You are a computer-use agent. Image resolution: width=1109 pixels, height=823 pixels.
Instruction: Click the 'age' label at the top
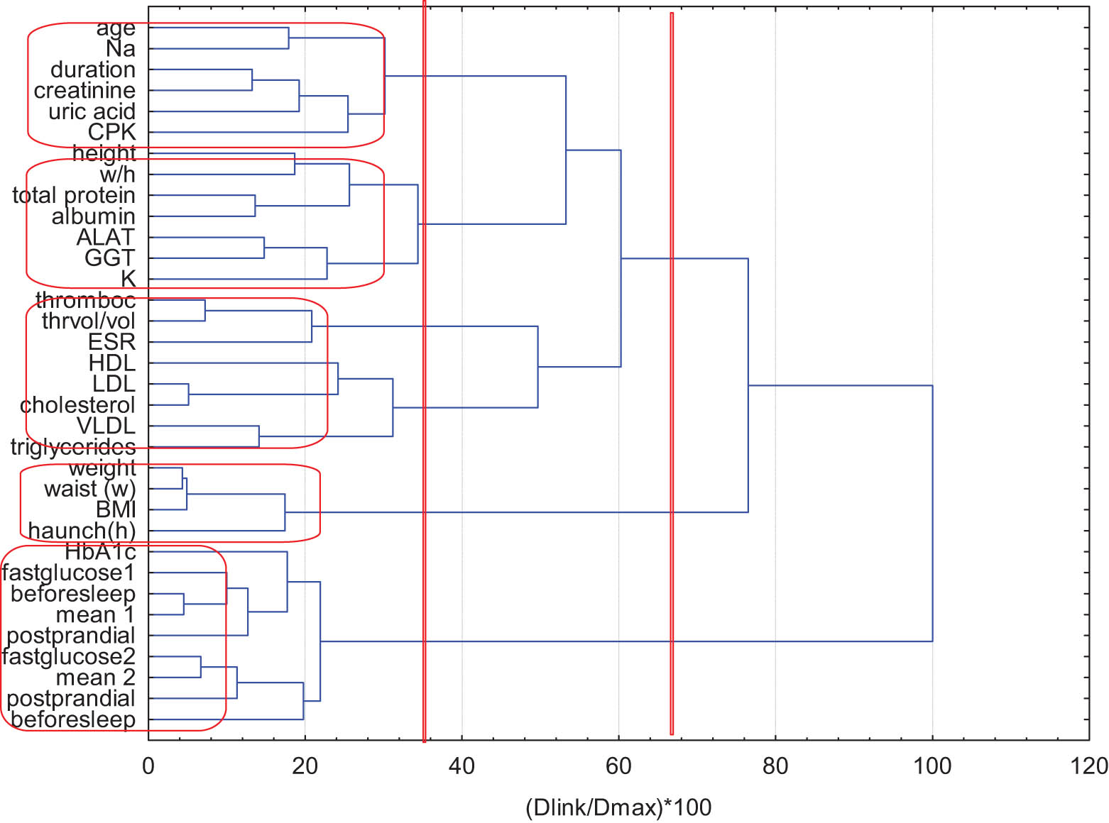[115, 28]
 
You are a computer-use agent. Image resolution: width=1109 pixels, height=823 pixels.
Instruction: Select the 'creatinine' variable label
[84, 91]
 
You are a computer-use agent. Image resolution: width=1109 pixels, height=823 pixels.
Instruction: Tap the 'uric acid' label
[92, 112]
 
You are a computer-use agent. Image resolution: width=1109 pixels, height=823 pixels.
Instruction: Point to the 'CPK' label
[111, 133]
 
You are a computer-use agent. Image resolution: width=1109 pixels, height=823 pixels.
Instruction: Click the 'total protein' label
[74, 195]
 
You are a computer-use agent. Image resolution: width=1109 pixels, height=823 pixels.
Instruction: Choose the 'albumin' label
[93, 216]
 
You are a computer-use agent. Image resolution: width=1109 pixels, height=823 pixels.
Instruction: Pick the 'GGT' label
[109, 258]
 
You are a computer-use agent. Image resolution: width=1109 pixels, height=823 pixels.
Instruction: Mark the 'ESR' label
[111, 343]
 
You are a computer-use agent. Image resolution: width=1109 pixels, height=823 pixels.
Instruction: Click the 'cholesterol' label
[77, 405]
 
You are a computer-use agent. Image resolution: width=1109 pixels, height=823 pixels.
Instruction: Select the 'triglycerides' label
[73, 447]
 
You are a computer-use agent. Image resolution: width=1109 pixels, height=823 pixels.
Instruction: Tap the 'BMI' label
[116, 510]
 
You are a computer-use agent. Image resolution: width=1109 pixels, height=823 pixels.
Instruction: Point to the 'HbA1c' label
[100, 552]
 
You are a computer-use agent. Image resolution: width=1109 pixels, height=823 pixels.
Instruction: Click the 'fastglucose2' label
[69, 657]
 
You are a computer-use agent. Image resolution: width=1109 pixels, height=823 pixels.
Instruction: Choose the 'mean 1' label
[95, 615]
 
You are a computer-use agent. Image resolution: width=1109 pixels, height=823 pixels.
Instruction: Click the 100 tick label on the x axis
[932, 766]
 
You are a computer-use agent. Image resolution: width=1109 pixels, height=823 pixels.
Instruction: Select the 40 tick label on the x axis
[461, 766]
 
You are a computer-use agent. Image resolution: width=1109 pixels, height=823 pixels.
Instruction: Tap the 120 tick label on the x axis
[1088, 766]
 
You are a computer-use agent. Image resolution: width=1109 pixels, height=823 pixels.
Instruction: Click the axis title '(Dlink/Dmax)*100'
[618, 807]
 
